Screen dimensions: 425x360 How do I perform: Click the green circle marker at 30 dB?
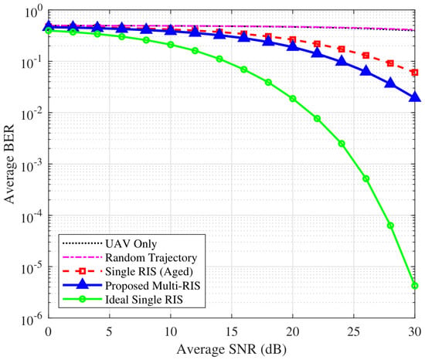[415, 286]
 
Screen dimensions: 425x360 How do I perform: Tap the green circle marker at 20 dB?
[293, 99]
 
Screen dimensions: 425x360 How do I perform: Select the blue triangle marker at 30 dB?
[415, 97]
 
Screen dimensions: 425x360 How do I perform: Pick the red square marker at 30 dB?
[415, 73]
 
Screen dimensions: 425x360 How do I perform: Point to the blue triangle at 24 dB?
[342, 61]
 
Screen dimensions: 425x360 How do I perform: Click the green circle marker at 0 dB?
[49, 30]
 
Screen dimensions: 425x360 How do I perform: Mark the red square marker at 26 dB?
[366, 56]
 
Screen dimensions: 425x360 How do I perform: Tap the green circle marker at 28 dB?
[390, 226]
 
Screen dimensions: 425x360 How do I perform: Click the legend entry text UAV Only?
[131, 244]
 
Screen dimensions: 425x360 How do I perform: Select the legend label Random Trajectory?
[151, 257]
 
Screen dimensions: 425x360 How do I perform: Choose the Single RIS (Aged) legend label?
[149, 272]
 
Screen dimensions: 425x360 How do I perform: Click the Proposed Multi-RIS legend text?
[152, 286]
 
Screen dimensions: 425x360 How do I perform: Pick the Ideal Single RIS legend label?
[144, 300]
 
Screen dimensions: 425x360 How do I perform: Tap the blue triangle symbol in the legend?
[83, 285]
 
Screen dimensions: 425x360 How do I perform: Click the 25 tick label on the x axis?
[354, 331]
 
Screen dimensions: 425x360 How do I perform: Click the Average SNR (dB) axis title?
[232, 349]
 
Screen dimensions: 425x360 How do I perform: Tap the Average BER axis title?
[9, 164]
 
